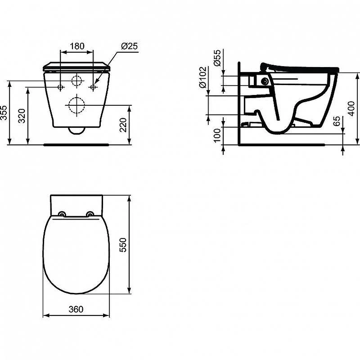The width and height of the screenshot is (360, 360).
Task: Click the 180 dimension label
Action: (x=77, y=46)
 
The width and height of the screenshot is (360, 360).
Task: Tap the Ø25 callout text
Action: (x=130, y=46)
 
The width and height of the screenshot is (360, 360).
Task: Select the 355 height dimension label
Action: (x=4, y=113)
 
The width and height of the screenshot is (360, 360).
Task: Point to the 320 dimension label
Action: (x=22, y=116)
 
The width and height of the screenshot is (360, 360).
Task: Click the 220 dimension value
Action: (x=123, y=125)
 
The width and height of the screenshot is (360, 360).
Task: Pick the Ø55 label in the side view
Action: (x=217, y=58)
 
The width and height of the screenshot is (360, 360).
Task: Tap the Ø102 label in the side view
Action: (x=203, y=77)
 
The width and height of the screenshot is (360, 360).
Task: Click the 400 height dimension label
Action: (x=351, y=108)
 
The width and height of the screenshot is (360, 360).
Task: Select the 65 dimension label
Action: (x=337, y=121)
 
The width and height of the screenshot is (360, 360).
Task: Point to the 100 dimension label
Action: (x=217, y=135)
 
